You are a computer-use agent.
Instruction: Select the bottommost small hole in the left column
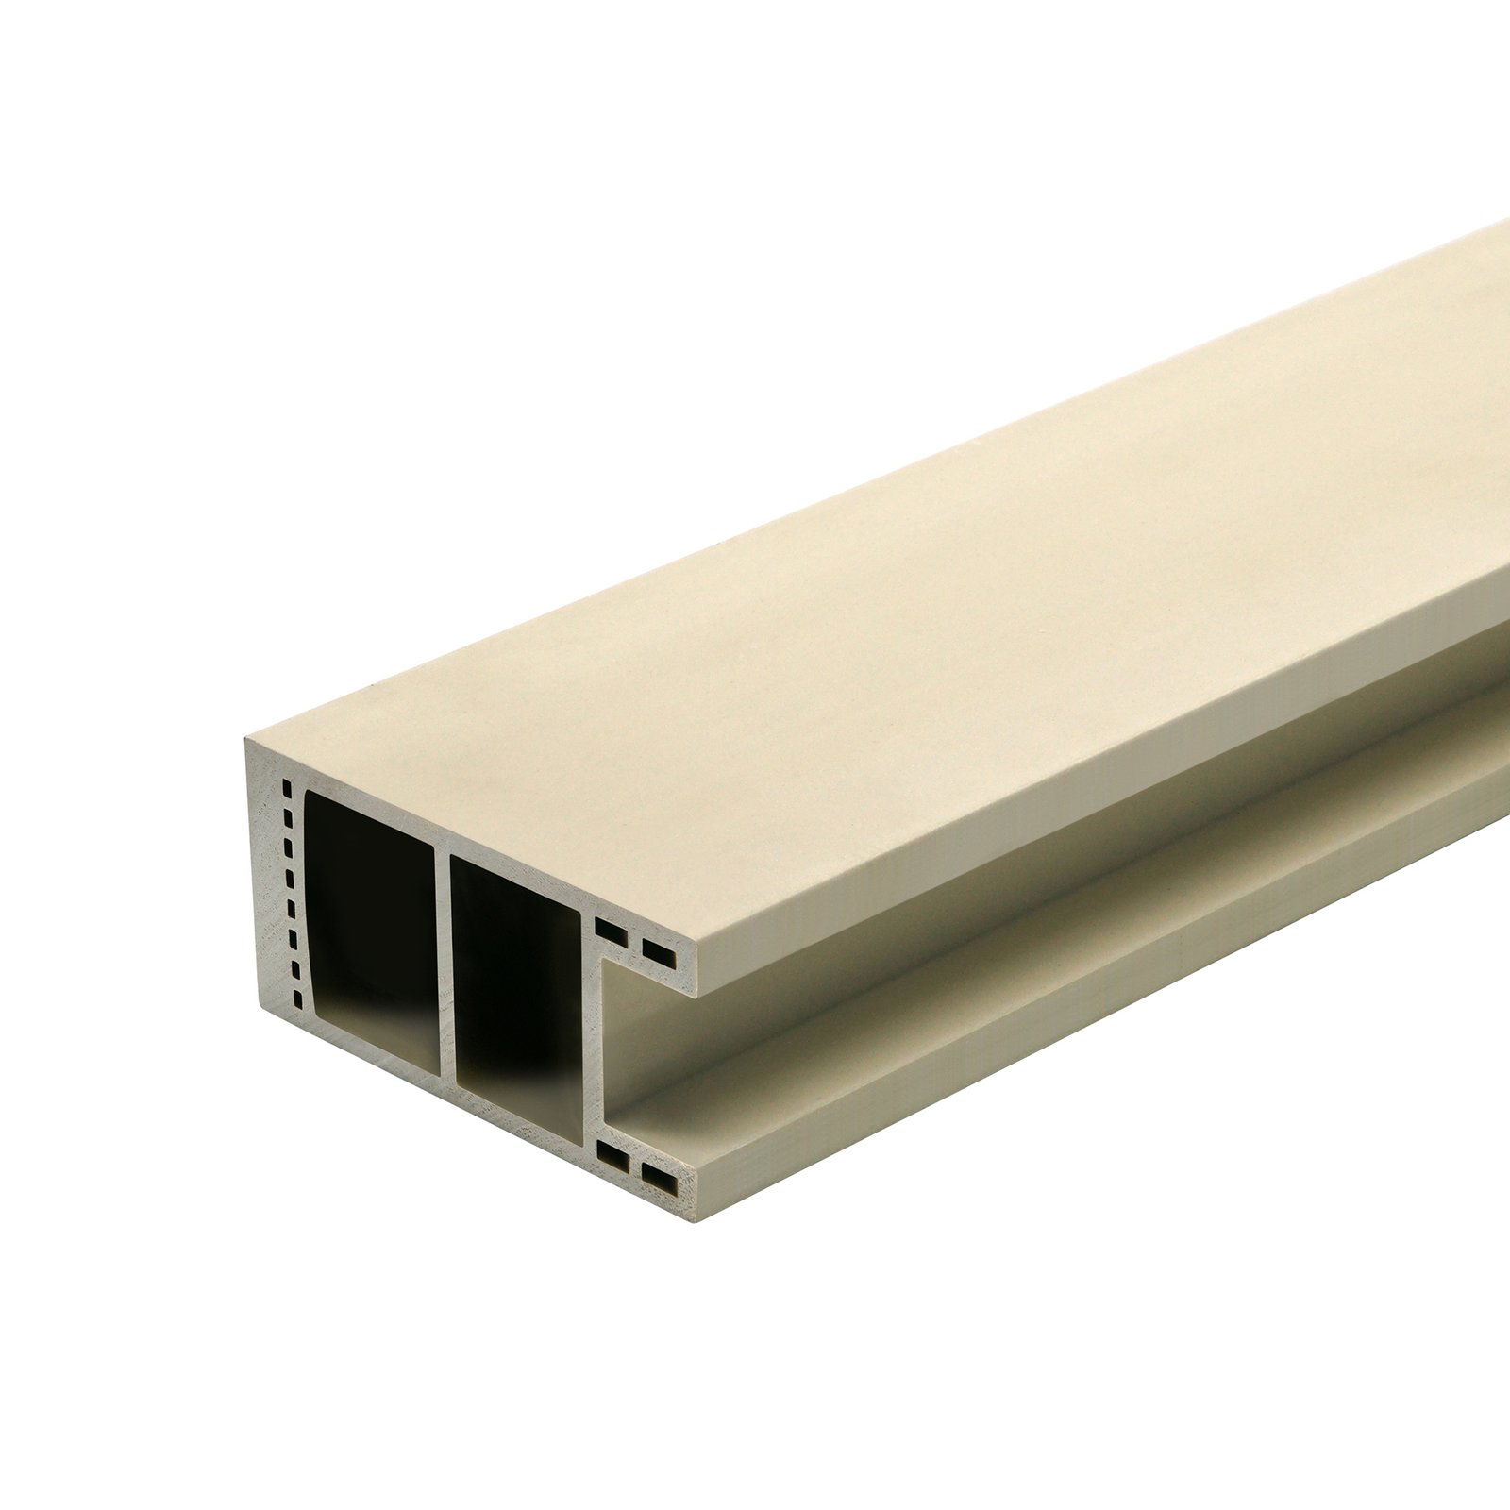tap(298, 999)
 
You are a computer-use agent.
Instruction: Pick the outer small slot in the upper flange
tap(660, 953)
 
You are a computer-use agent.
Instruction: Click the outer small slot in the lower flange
tap(660, 1179)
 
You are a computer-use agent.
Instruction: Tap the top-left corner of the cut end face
tap(246, 740)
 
